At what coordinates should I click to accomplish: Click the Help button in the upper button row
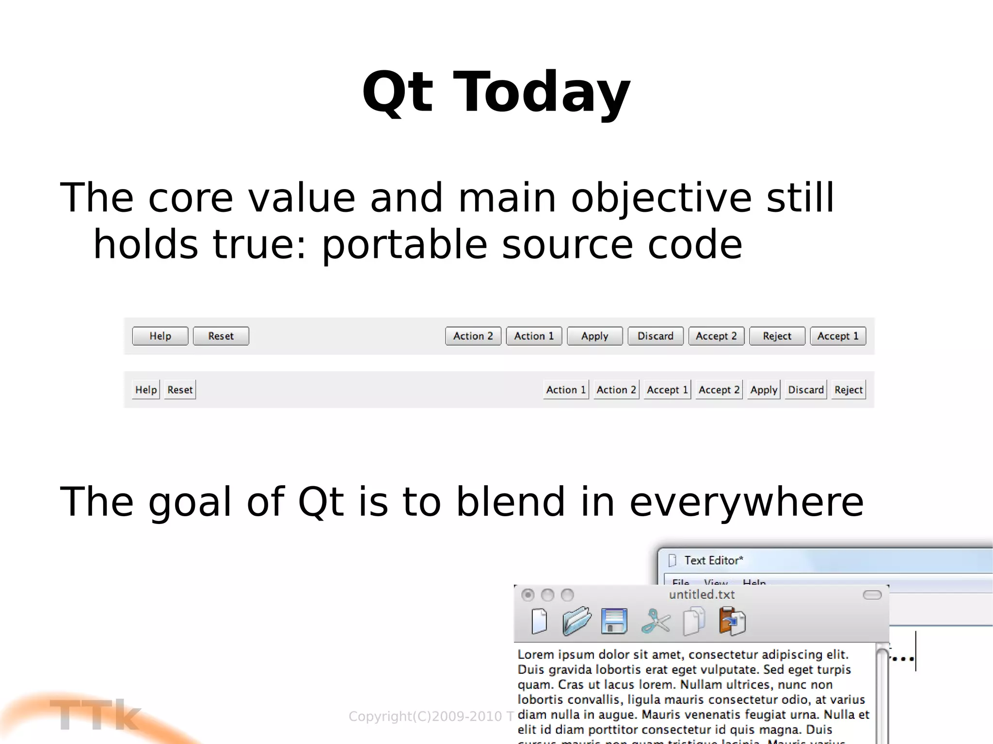pos(160,336)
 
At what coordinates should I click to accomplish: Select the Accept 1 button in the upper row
pos(837,336)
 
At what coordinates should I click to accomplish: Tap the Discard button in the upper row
pos(655,336)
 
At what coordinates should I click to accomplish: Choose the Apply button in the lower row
pos(764,390)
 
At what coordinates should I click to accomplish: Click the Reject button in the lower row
pos(848,390)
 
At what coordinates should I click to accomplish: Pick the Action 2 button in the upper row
pos(473,336)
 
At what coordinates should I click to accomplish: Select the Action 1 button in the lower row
pos(565,390)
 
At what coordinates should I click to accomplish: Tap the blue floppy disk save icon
pos(614,621)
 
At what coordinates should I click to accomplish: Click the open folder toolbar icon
pos(576,621)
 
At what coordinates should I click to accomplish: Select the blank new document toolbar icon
pos(539,621)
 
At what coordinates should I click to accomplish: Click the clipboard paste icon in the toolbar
pos(732,621)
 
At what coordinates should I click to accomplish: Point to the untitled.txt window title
pos(702,595)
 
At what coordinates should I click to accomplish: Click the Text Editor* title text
pos(713,560)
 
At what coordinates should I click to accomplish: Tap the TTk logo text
pos(95,715)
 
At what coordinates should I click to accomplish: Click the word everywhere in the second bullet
pos(746,502)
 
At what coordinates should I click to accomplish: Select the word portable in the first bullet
pos(404,245)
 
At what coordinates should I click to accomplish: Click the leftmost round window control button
pos(528,595)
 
